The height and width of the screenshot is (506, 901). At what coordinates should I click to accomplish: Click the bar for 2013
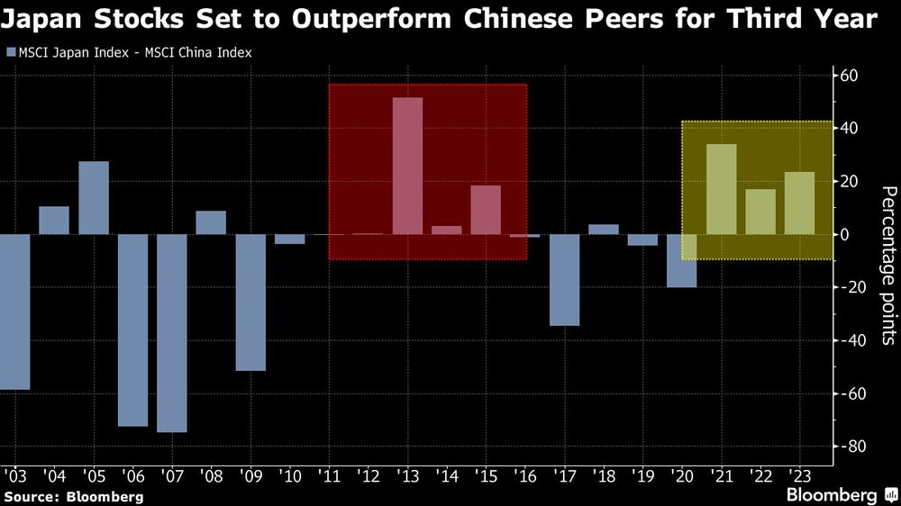point(407,166)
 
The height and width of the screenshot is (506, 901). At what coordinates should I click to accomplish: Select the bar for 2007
point(171,333)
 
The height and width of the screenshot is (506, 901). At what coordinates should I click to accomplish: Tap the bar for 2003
point(15,312)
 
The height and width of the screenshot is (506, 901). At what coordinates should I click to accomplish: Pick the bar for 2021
point(721,189)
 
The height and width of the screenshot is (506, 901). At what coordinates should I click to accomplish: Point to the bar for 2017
point(565,280)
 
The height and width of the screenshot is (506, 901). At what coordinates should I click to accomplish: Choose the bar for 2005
point(94,198)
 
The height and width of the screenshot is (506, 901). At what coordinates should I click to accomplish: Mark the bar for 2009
point(250,303)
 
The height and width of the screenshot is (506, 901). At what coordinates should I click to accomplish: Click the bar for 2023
point(799,203)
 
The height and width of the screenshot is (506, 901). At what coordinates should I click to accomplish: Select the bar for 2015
point(486,210)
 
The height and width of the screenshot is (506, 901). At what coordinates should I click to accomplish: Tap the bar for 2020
point(682,261)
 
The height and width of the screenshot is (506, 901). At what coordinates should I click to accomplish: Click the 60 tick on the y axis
point(849,75)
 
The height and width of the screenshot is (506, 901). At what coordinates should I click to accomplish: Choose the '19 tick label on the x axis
point(642,474)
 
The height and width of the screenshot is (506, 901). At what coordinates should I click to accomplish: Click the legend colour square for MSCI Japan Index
point(10,52)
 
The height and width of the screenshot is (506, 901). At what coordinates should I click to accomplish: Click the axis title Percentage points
point(888,267)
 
